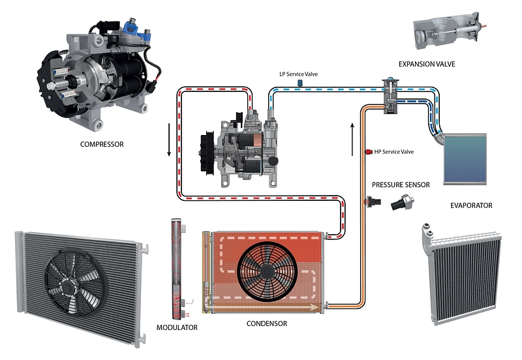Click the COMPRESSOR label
(x=101, y=144)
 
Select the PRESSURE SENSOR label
(x=401, y=185)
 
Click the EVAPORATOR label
(x=471, y=205)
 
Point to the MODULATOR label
(x=177, y=327)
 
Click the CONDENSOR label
(x=266, y=323)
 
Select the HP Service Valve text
(x=393, y=152)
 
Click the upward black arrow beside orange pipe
(x=352, y=134)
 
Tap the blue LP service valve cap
(x=299, y=85)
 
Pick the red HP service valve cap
(x=369, y=152)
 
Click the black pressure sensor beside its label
(x=398, y=205)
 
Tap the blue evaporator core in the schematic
(x=465, y=159)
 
